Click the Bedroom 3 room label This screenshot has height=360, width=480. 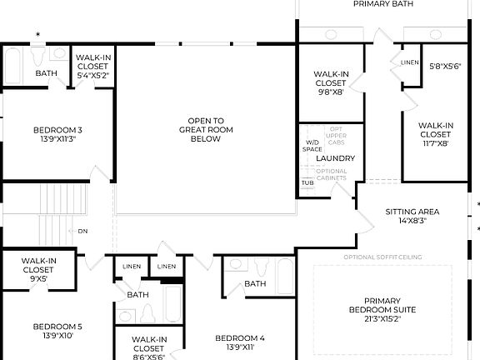coord(57,130)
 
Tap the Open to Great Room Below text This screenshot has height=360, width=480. coord(205,130)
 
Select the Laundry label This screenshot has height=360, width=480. coord(336,158)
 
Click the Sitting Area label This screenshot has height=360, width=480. coord(412,212)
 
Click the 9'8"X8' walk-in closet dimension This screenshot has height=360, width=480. coord(330,92)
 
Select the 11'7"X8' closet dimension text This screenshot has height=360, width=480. coord(435,143)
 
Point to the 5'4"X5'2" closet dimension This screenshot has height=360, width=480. coord(93,75)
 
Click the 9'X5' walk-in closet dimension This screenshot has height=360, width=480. coord(39,279)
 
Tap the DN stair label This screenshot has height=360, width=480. coord(82,232)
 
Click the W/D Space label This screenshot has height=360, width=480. coord(312,146)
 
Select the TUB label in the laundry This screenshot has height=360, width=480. coord(307,182)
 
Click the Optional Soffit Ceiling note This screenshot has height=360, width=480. coord(382,257)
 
